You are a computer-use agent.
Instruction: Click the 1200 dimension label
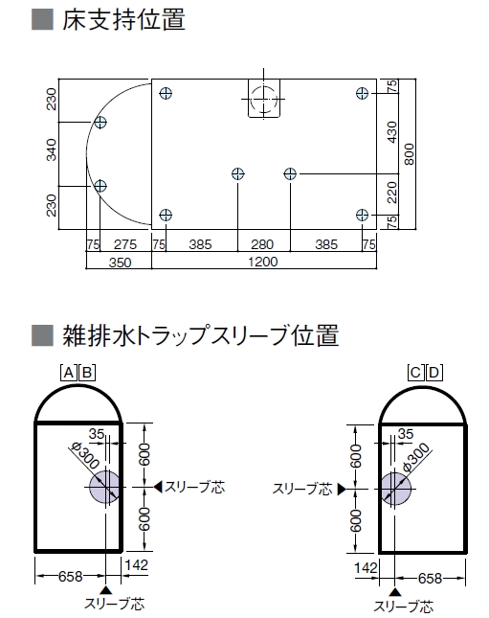(263, 262)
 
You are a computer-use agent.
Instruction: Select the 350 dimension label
(120, 263)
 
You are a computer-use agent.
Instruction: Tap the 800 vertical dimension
(409, 154)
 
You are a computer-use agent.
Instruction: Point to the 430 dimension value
(392, 132)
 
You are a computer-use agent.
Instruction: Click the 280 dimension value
(262, 244)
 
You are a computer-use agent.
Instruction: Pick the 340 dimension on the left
(52, 149)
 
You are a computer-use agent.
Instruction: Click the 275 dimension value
(125, 244)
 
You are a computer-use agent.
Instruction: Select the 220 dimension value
(392, 193)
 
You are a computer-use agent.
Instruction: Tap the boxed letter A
(69, 373)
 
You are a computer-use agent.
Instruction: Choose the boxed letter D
(434, 373)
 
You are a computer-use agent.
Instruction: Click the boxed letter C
(415, 373)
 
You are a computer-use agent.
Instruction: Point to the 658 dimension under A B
(71, 577)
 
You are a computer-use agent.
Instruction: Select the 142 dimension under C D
(366, 568)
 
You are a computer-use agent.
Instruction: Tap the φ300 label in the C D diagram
(415, 457)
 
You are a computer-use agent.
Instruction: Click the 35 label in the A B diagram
(97, 434)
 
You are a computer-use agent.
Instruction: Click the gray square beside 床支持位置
(42, 19)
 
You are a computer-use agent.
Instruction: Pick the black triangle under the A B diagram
(105, 590)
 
